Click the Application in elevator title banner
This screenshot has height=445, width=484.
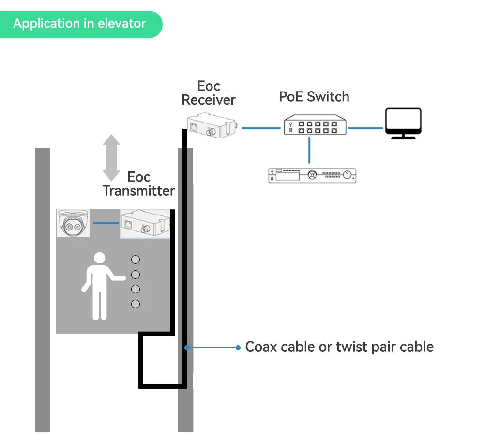[x=80, y=24]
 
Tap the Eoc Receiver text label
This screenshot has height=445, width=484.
[x=209, y=93]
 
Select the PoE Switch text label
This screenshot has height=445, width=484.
[x=314, y=96]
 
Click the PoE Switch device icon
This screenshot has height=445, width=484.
[x=315, y=124]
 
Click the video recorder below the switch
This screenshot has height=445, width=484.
[x=312, y=175]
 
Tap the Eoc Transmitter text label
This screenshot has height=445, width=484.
[x=139, y=184]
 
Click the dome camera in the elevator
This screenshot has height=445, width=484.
[x=73, y=223]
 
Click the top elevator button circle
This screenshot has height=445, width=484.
[x=136, y=260]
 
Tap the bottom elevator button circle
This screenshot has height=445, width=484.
[x=136, y=304]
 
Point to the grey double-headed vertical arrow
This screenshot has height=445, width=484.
[x=111, y=158]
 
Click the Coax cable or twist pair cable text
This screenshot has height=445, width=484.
[x=339, y=347]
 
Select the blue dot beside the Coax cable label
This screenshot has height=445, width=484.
[x=238, y=347]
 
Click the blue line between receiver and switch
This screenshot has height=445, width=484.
[x=261, y=128]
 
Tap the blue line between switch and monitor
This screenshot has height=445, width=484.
[x=366, y=128]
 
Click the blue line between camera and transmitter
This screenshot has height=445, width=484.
[x=105, y=223]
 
